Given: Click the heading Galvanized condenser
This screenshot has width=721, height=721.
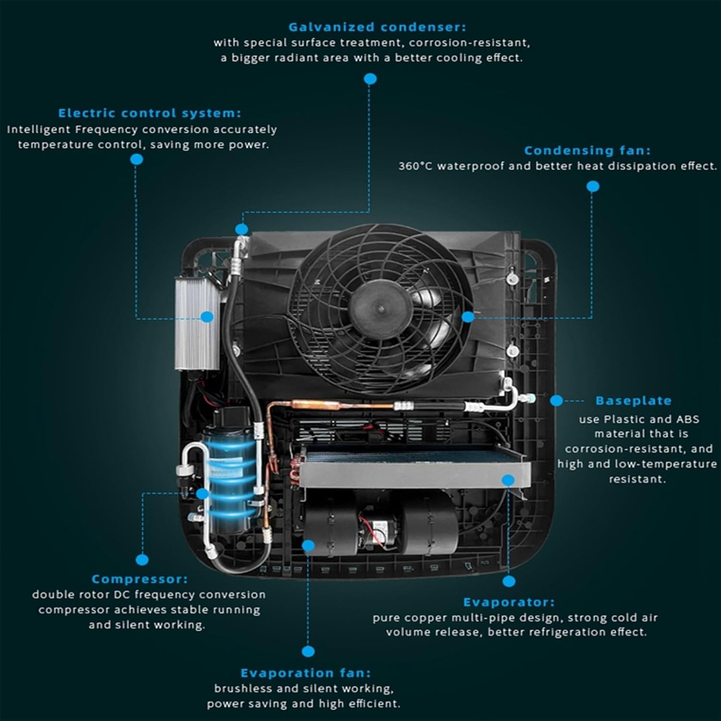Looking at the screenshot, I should [x=377, y=27].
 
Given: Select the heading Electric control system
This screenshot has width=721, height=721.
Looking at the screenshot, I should [x=149, y=113].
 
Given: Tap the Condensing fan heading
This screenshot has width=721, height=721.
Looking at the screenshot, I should [x=587, y=150].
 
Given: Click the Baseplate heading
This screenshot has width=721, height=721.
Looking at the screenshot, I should [x=633, y=400].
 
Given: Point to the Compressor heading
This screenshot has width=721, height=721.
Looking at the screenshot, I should [x=139, y=579].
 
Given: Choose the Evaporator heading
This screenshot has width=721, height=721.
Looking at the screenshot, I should [x=509, y=602].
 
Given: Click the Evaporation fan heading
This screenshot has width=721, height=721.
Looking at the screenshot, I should [x=306, y=673].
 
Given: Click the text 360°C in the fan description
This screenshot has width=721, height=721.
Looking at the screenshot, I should [x=415, y=166].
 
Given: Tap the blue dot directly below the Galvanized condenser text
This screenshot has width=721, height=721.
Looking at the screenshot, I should [x=370, y=79].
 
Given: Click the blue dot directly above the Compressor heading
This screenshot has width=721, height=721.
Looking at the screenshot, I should [x=142, y=559].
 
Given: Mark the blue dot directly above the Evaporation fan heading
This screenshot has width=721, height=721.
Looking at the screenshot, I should [x=308, y=651].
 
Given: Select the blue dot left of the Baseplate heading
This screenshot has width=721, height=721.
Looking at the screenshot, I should [x=556, y=400].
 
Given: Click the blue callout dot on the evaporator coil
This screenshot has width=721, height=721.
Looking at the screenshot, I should [x=508, y=480].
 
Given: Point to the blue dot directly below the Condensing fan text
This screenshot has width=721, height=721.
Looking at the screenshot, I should [x=593, y=186].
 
